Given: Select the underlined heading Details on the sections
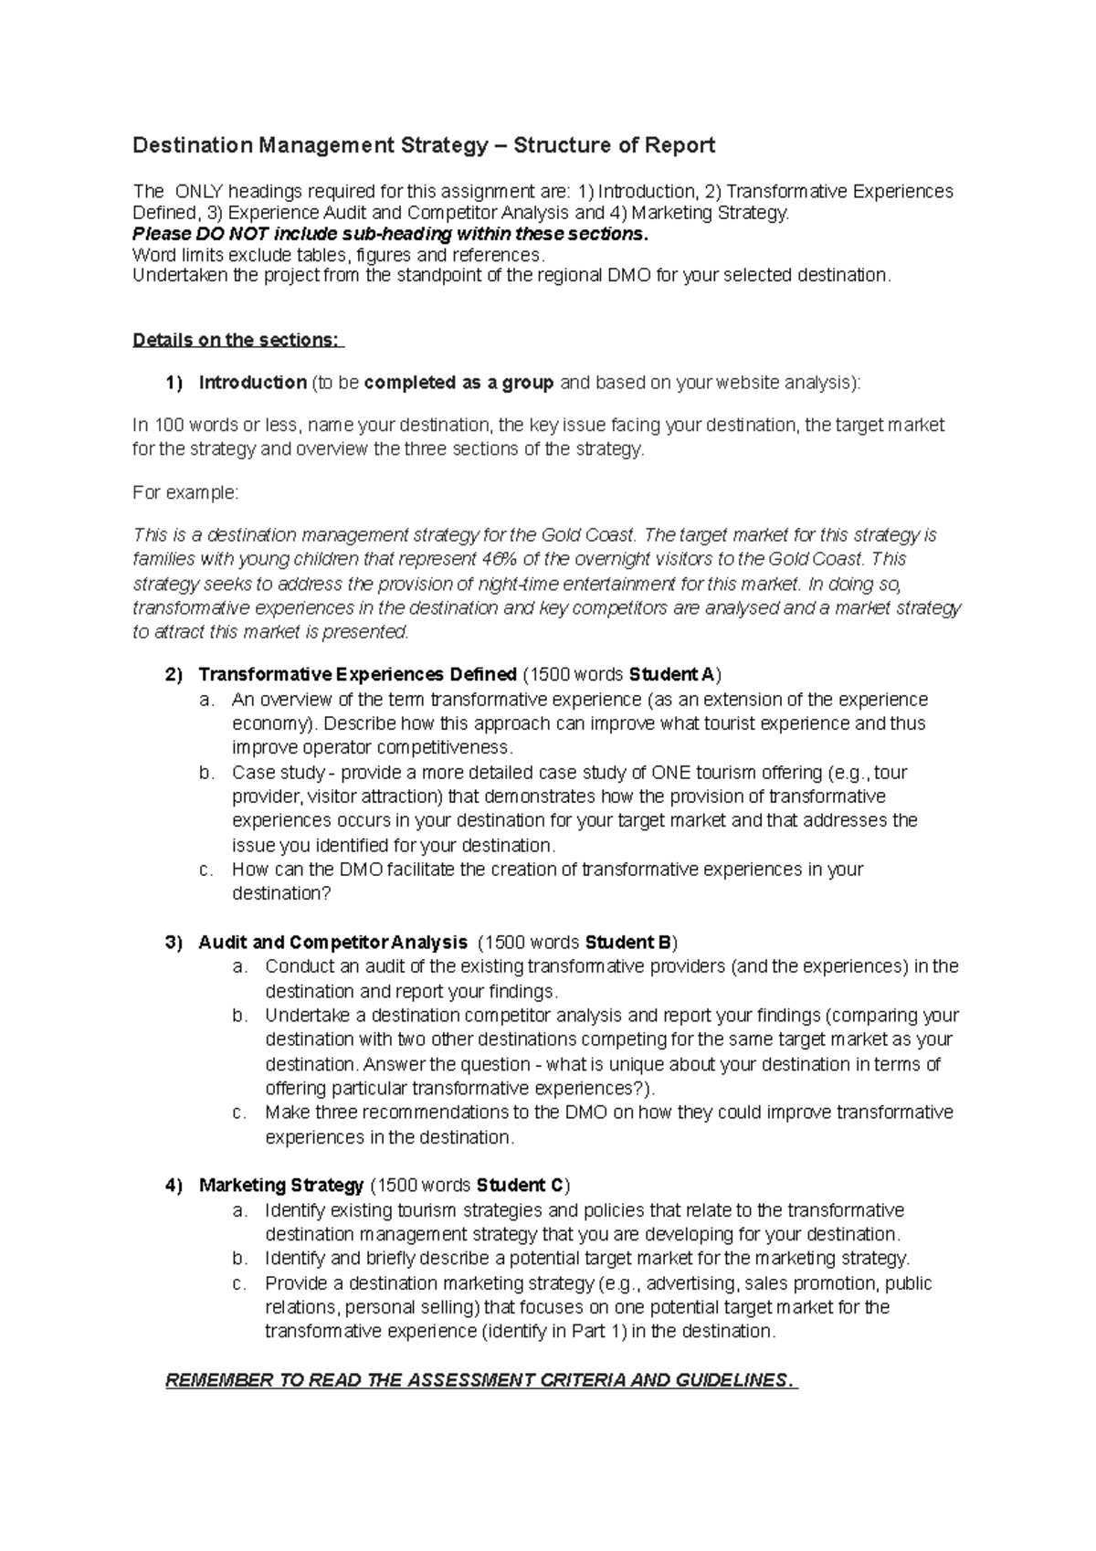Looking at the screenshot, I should coord(237,340).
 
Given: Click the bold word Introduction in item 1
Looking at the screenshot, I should coord(252,383).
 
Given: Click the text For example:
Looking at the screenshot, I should coord(185,492).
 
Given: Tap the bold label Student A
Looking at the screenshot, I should coord(671,675).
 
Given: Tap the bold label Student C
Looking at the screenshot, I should coord(520,1186).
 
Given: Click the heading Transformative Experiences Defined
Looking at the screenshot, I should coord(357,675).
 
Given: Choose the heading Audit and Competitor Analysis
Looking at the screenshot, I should coord(332,943).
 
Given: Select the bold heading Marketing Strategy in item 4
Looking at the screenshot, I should coord(281,1186).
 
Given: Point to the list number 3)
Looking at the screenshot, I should coord(174,943).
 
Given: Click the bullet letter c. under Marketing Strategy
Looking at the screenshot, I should coord(240,1283).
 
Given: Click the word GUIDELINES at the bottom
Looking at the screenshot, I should coord(729,1380).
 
